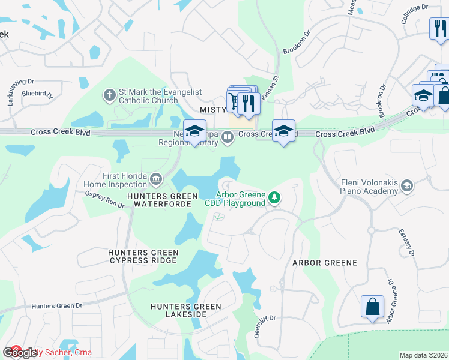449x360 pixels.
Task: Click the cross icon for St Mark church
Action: pos(109,95)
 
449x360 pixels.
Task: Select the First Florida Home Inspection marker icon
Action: pos(155,178)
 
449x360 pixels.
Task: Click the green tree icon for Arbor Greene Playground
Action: pos(274,197)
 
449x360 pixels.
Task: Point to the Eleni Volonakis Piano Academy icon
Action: pos(407,186)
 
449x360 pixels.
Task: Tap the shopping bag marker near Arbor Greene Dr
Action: pos(372,306)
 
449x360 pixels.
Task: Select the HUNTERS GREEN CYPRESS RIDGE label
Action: pos(143,256)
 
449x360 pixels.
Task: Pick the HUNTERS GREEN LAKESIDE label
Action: pos(186,310)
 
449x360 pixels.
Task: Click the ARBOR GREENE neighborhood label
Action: pos(324,263)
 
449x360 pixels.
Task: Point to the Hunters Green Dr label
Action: pos(57,306)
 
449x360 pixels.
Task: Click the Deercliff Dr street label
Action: pos(264,326)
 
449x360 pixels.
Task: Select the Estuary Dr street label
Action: pos(406,243)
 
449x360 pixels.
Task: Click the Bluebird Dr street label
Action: pos(37,94)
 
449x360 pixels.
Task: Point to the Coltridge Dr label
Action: pos(415,16)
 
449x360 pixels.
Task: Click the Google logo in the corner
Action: pos(19,352)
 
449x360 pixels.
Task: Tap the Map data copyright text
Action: pos(423,355)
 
